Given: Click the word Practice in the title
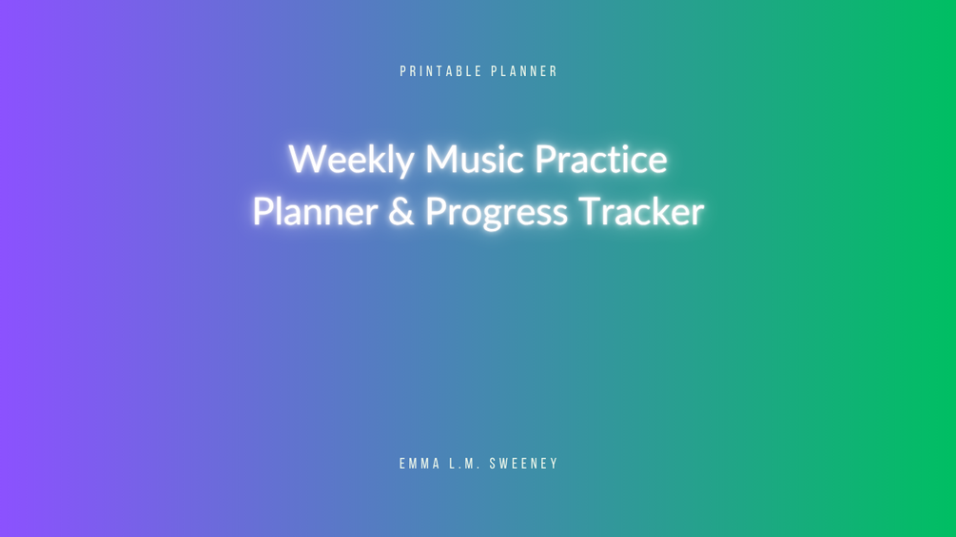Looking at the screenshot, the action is coord(601,159).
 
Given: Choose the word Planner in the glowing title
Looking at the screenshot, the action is coord(315,211).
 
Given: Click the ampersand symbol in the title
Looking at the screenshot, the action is coord(401,212).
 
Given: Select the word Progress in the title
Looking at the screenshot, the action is coord(497,213).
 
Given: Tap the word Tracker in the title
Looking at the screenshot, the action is coord(641,211).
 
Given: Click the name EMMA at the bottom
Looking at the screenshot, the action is coord(420,464).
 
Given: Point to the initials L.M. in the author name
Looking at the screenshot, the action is coord(465,464).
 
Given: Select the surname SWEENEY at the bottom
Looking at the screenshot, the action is coord(524,464).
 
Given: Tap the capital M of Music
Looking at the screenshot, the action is coord(441,159).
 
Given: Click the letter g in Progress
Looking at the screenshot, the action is coord(491,217).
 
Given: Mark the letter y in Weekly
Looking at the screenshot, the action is coord(403,164).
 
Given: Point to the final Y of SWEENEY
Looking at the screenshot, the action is coord(554,464).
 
